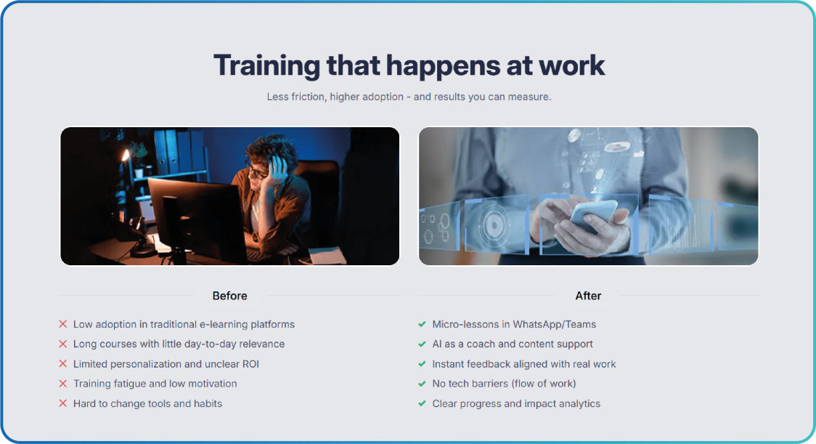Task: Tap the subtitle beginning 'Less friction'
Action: point(409,97)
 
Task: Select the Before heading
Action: point(229,296)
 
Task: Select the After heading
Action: point(588,296)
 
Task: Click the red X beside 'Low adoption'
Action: point(63,324)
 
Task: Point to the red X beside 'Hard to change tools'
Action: point(63,403)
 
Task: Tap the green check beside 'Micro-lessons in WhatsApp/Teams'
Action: point(422,324)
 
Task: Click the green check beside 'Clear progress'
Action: point(422,403)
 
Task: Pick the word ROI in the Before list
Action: point(250,364)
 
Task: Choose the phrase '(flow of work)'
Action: point(544,384)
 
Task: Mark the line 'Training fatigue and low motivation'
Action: point(155,384)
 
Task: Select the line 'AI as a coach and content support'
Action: point(513,344)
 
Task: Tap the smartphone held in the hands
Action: point(592,214)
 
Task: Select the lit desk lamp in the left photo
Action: point(125,157)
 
